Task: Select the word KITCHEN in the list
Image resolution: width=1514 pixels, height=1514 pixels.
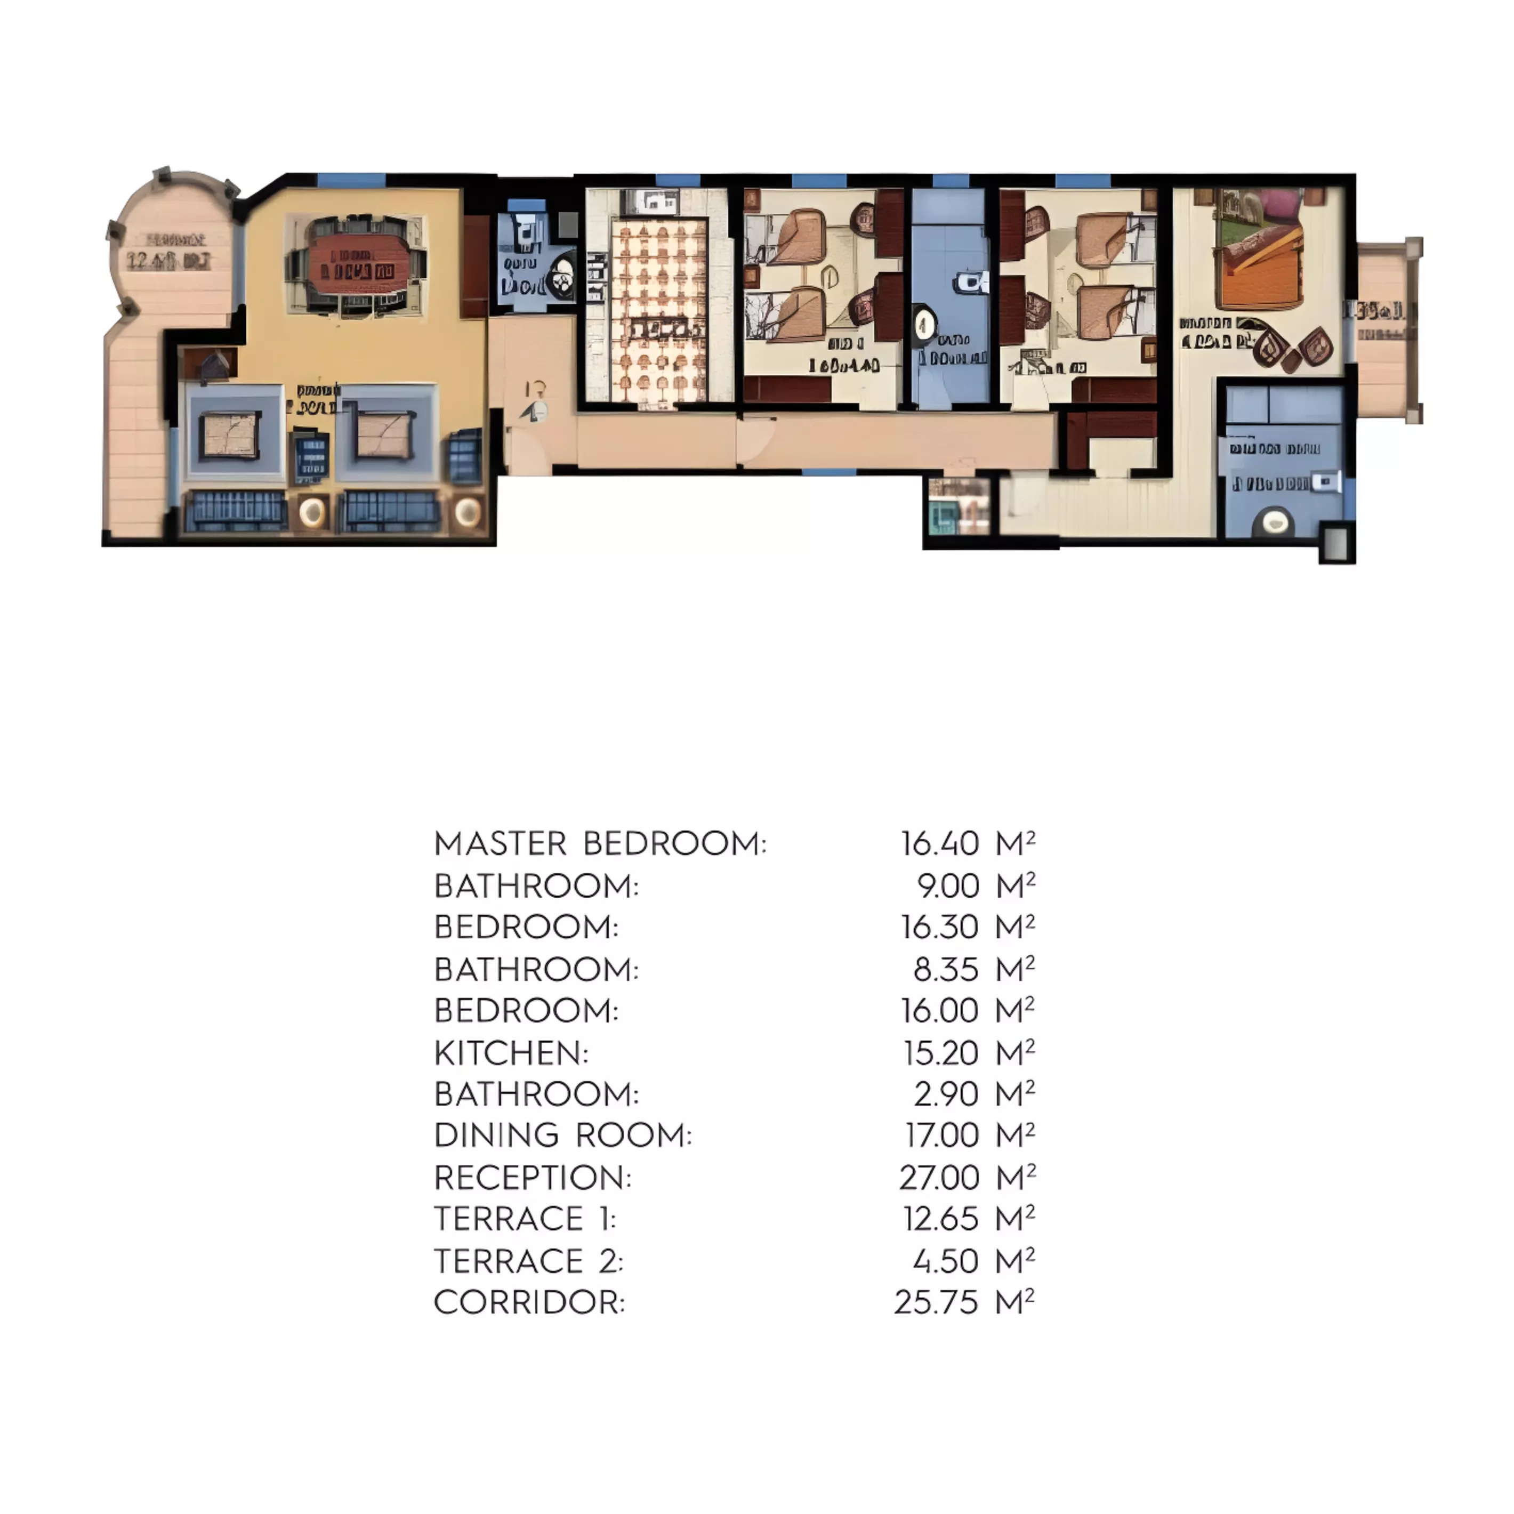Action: tap(510, 1053)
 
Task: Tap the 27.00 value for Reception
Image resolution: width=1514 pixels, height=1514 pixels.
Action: tap(939, 1178)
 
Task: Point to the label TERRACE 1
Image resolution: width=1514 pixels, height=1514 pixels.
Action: tap(524, 1219)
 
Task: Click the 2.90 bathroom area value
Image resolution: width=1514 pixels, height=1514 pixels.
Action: tap(946, 1094)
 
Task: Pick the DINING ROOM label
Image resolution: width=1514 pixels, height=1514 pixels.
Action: tap(562, 1135)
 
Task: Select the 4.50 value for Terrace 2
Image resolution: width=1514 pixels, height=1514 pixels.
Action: tap(945, 1261)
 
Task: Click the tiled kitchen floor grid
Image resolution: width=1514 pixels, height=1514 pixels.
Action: tap(658, 313)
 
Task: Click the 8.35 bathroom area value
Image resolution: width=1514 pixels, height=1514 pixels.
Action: tap(946, 969)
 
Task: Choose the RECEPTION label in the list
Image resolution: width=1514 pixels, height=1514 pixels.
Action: tap(532, 1178)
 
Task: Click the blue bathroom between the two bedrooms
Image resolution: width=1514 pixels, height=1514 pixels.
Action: tap(950, 313)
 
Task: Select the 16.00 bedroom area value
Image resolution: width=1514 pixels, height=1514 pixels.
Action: tap(939, 1011)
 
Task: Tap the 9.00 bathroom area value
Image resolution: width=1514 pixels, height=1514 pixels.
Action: tap(947, 887)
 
